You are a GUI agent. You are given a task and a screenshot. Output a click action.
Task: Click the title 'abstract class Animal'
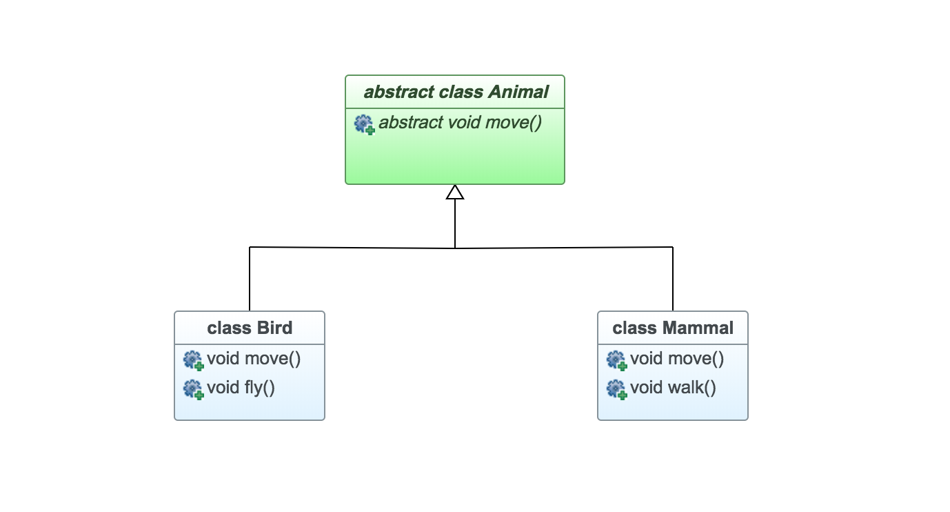click(456, 92)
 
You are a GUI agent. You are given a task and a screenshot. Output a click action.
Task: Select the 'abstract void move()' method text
click(460, 123)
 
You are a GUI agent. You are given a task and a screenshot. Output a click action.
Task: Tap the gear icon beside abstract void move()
click(365, 124)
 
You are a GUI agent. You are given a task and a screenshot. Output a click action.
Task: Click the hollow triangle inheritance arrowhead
click(455, 193)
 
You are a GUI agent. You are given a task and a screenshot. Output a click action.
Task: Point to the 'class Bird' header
click(250, 327)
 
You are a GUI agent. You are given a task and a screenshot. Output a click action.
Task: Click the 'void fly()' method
click(241, 388)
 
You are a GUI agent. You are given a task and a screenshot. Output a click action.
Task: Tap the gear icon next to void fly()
click(193, 388)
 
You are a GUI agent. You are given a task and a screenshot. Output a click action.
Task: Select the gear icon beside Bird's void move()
click(193, 360)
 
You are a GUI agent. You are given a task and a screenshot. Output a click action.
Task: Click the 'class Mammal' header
click(673, 327)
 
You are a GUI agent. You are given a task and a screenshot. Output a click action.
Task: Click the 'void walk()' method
click(673, 388)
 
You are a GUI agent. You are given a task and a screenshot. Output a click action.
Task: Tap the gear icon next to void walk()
click(616, 388)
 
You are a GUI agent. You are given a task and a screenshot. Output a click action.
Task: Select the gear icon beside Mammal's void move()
click(616, 360)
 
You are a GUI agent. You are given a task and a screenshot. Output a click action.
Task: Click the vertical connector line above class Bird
click(250, 279)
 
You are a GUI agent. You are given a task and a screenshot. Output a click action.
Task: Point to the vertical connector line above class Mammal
click(673, 279)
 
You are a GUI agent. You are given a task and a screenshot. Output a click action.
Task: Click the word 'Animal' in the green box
click(518, 92)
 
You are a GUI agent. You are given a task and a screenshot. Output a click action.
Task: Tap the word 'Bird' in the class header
click(274, 327)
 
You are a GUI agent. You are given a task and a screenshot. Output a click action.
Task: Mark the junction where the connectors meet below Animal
click(455, 248)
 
